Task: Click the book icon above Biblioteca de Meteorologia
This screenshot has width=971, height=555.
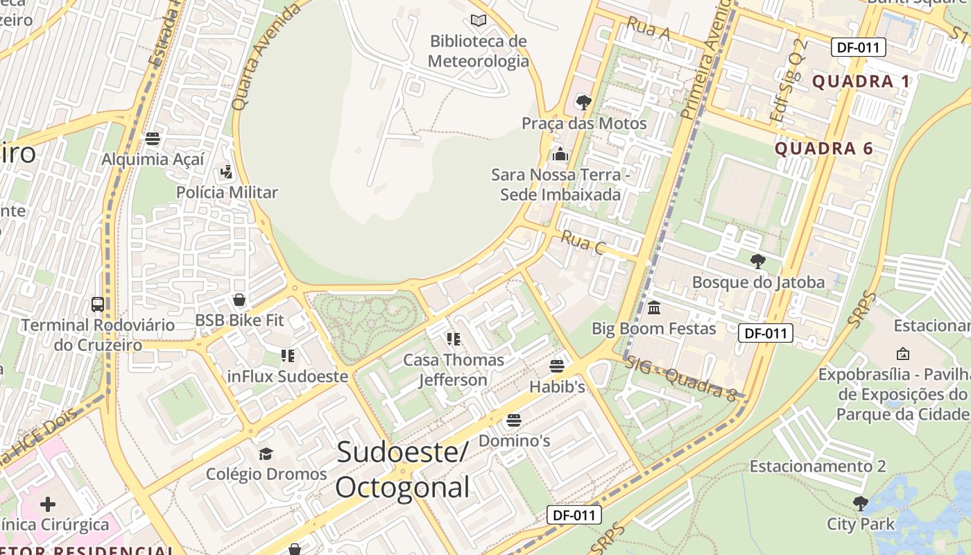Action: click(x=479, y=20)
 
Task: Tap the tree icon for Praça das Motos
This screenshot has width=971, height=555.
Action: click(x=584, y=103)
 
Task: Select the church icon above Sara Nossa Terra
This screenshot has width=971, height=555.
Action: click(x=560, y=153)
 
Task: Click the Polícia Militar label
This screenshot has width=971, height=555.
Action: click(x=227, y=192)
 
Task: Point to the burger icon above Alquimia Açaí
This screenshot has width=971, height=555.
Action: click(x=153, y=138)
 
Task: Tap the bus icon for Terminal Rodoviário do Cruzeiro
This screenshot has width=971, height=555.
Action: click(x=98, y=304)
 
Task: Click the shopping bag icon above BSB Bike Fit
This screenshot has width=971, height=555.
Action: click(x=239, y=300)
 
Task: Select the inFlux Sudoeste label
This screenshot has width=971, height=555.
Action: click(x=288, y=377)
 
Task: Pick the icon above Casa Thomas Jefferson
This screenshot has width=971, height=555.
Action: click(x=454, y=339)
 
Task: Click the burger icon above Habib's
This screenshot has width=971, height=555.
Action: click(x=557, y=366)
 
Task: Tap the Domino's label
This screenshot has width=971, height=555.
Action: click(x=514, y=441)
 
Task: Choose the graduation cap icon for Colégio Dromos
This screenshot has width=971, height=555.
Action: click(x=266, y=454)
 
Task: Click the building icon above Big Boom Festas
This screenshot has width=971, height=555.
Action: click(x=653, y=307)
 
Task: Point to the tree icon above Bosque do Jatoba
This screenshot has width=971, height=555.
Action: click(x=758, y=261)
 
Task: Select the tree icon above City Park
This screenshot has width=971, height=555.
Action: click(x=861, y=503)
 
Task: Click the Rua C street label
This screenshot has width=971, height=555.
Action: click(x=583, y=243)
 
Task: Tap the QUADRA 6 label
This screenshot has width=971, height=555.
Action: click(x=823, y=148)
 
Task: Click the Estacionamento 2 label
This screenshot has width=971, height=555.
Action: click(x=817, y=466)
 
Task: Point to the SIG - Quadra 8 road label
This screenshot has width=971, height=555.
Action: click(x=681, y=379)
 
